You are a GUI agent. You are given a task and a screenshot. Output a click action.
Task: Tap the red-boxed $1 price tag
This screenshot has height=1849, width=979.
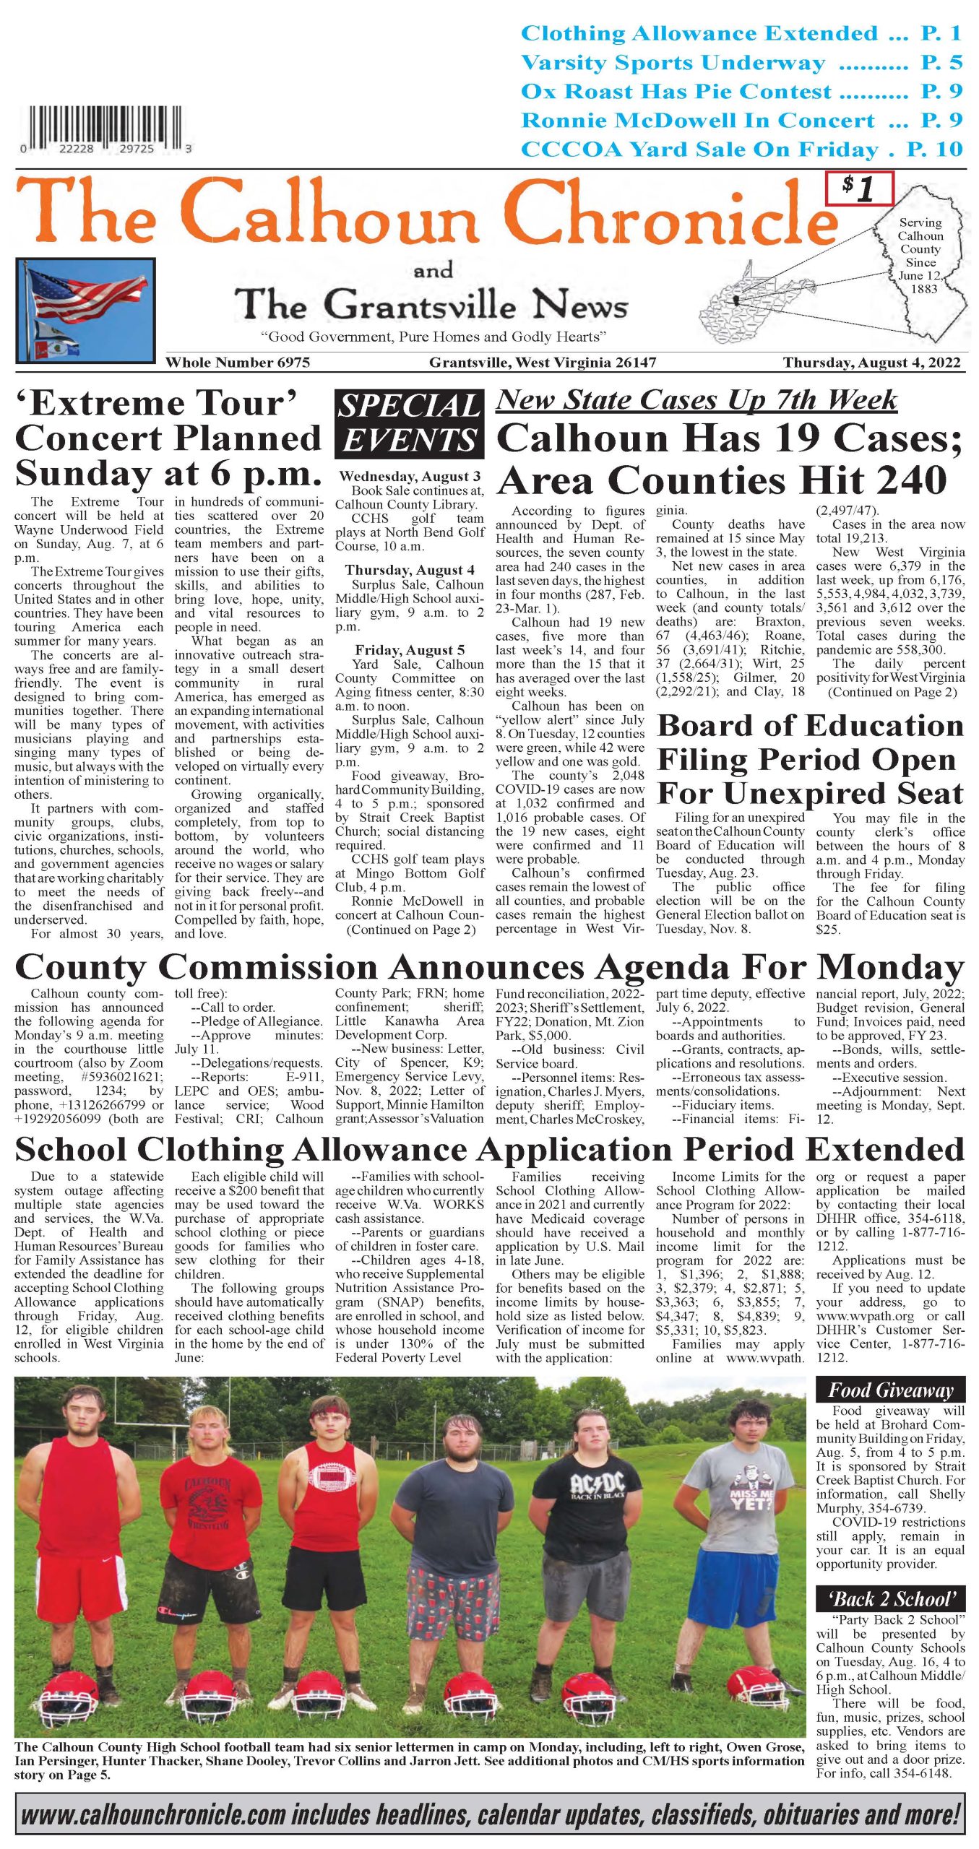(x=860, y=189)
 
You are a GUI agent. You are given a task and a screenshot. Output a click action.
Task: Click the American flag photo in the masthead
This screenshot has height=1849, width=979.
(x=85, y=309)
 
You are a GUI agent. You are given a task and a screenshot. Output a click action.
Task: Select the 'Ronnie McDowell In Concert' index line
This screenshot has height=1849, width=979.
(x=741, y=120)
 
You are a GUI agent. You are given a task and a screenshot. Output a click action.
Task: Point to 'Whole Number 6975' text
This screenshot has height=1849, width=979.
(x=238, y=362)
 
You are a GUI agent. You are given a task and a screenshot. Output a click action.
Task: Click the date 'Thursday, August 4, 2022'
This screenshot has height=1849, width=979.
(x=872, y=362)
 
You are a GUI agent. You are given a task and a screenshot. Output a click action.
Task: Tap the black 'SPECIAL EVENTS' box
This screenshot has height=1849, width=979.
(x=409, y=424)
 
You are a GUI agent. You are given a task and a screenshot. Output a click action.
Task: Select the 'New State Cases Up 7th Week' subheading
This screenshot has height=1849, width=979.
(x=696, y=399)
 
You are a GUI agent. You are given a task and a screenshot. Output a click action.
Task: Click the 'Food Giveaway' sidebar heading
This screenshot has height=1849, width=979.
(x=890, y=1390)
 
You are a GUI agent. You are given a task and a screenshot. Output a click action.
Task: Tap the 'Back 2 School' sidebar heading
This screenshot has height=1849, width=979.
(x=890, y=1598)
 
